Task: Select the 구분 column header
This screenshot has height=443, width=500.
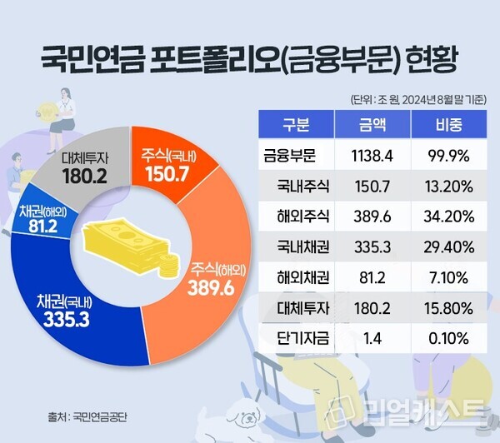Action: tap(297, 127)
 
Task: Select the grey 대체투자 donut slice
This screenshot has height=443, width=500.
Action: tap(93, 166)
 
